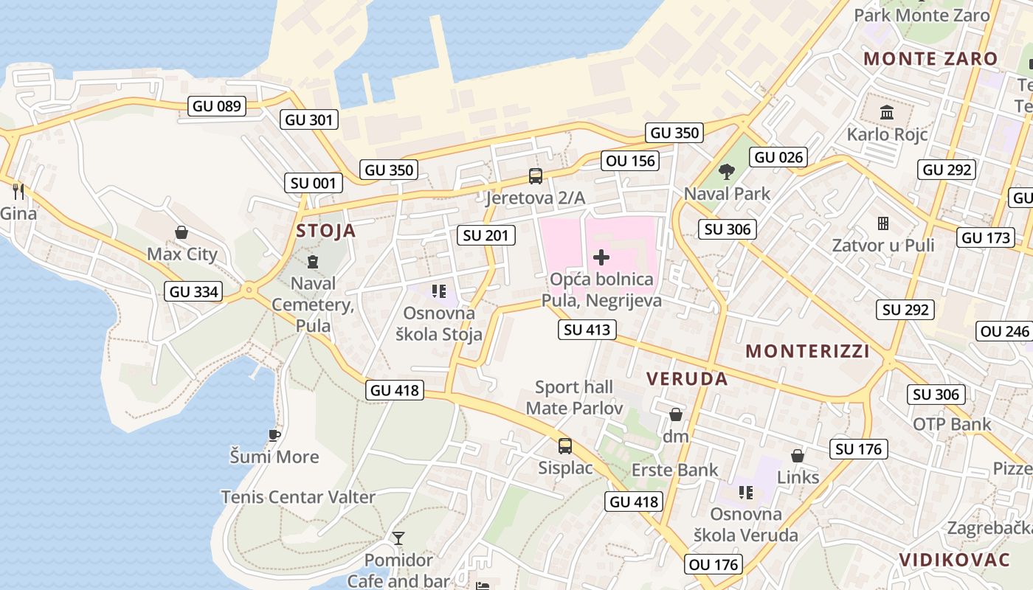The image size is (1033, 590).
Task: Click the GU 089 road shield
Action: [x=216, y=106]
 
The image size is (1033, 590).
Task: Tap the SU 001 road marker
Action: [x=314, y=184]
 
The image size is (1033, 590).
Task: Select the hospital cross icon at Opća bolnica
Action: [x=601, y=257]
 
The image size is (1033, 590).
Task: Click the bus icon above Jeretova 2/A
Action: [x=536, y=176]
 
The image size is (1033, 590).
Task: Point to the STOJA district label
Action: [x=326, y=231]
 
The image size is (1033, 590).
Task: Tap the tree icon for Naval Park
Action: [x=727, y=172]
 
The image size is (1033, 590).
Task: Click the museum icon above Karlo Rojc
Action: [x=886, y=113]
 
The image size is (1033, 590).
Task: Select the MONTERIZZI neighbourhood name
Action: [x=807, y=351]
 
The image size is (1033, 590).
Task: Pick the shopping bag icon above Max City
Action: [x=182, y=233]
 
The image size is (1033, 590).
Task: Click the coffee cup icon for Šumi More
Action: [x=274, y=435]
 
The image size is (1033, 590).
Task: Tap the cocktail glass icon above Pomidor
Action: [x=398, y=538]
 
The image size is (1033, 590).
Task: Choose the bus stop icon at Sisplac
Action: [x=564, y=445]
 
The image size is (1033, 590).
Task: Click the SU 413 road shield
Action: [x=587, y=330]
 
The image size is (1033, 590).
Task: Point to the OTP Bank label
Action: [x=952, y=424]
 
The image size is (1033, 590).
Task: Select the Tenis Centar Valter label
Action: [x=298, y=497]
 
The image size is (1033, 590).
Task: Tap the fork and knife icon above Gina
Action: [x=18, y=192]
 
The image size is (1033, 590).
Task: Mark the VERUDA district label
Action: [x=687, y=379]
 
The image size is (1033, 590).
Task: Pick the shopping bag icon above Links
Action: [x=798, y=456]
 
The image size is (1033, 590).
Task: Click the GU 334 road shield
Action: [x=194, y=291]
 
